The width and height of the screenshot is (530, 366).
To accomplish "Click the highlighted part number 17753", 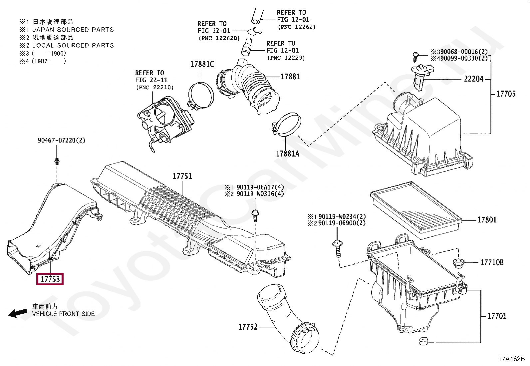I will (x=50, y=279).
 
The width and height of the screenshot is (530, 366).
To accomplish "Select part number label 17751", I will (x=182, y=176).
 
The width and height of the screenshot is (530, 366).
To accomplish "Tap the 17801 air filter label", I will (x=487, y=219).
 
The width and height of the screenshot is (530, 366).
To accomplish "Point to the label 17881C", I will (x=202, y=64).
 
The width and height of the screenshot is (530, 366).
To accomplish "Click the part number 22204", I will (x=473, y=79).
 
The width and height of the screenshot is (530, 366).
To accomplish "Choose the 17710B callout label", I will (x=492, y=262).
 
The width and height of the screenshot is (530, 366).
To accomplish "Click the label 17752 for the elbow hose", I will (x=248, y=327).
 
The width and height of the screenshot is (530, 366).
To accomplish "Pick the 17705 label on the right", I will (x=505, y=94).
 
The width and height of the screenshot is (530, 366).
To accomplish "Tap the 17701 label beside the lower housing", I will (x=496, y=316).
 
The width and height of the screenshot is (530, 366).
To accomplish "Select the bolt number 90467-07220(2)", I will (x=61, y=140).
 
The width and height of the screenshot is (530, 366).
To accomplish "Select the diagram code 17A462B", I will (x=511, y=359).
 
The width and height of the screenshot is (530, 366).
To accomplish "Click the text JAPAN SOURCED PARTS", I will (x=73, y=30).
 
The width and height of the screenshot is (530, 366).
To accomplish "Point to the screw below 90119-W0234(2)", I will (x=337, y=248).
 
